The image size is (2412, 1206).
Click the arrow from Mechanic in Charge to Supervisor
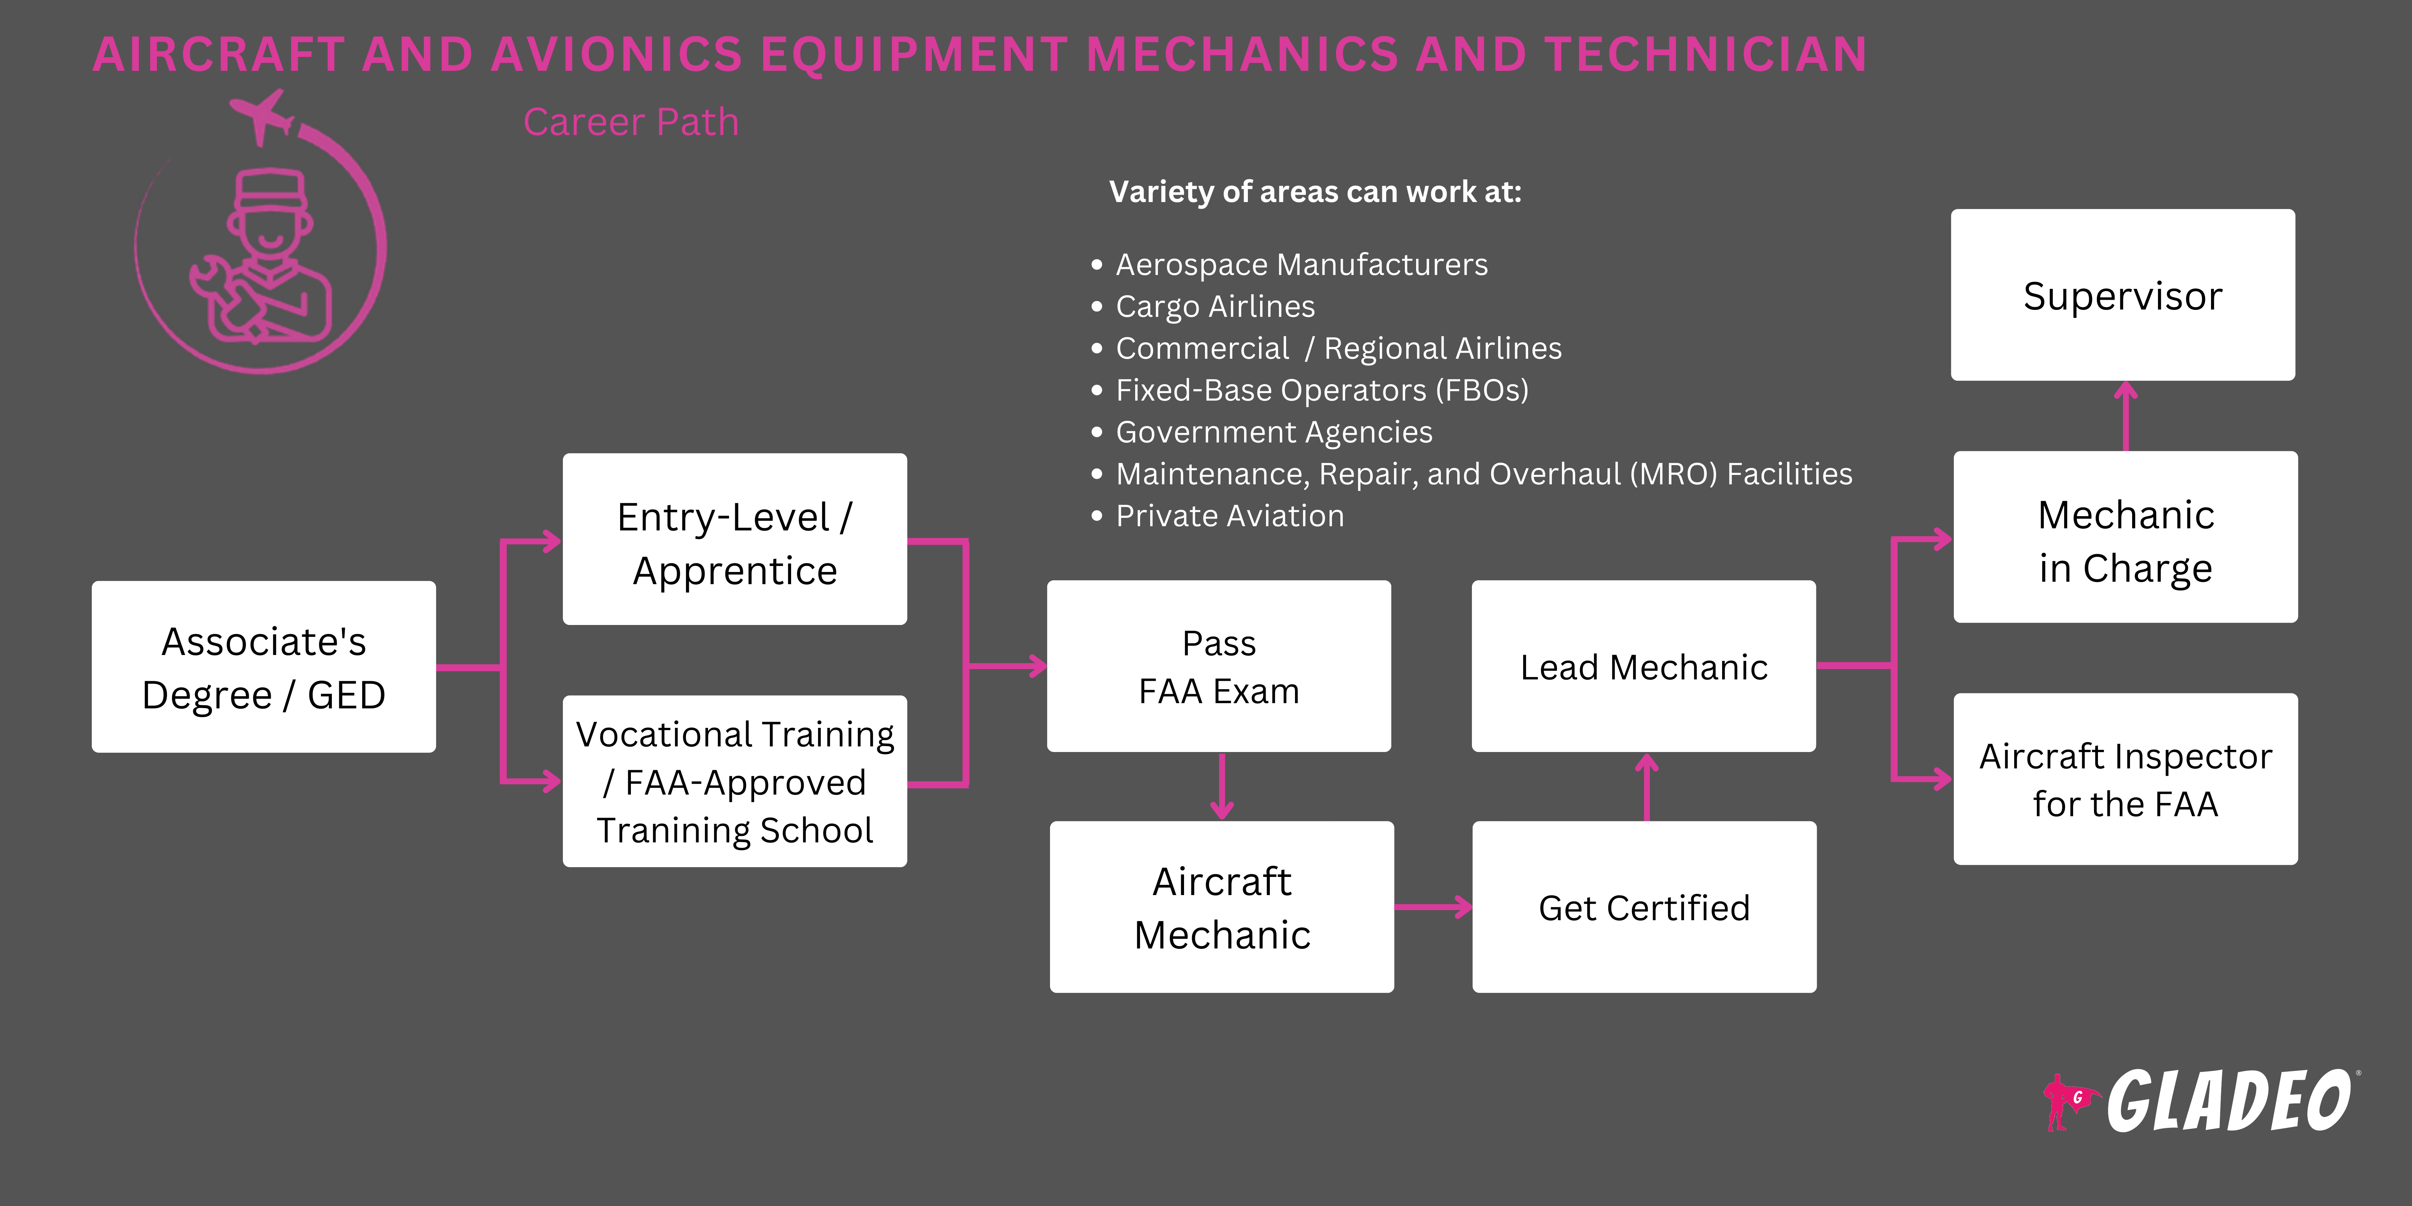pyautogui.click(x=2126, y=417)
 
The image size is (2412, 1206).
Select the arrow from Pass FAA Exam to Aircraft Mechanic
pyautogui.click(x=1222, y=787)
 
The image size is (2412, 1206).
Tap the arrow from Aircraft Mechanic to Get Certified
pyautogui.click(x=1432, y=906)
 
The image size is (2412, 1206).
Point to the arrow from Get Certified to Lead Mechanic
pyautogui.click(x=1647, y=787)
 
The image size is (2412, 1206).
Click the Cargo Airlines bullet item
pyautogui.click(x=1214, y=306)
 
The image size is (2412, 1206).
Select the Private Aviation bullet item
pyautogui.click(x=1229, y=516)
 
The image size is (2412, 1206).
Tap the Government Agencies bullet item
pyautogui.click(x=1273, y=432)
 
